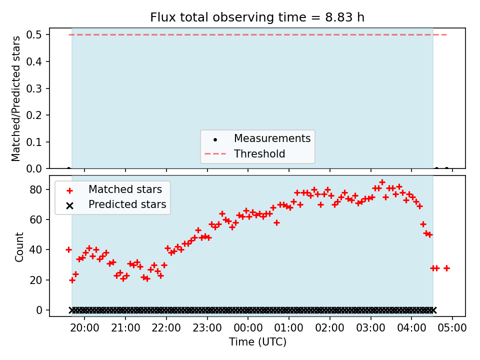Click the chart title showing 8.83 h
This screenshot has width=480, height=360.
tap(257, 17)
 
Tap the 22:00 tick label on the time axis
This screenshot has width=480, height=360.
tap(166, 328)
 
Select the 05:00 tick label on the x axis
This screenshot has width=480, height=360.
tap(452, 328)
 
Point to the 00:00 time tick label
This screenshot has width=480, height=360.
tap(248, 328)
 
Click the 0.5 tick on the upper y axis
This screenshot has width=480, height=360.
tap(33, 34)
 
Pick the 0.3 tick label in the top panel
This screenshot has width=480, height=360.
tap(33, 88)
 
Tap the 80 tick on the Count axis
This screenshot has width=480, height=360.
tap(35, 189)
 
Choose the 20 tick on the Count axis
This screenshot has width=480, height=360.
tap(35, 280)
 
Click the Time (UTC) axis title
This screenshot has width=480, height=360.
tap(257, 341)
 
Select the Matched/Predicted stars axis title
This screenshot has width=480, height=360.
tap(15, 98)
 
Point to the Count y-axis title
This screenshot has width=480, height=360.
tap(19, 247)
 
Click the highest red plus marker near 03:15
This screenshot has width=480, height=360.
tap(382, 182)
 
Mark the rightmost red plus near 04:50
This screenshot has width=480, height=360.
tap(446, 268)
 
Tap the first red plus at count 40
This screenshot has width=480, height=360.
tap(69, 250)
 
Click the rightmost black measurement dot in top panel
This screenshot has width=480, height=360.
tap(446, 168)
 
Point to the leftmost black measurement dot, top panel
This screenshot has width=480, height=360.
tap(69, 168)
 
